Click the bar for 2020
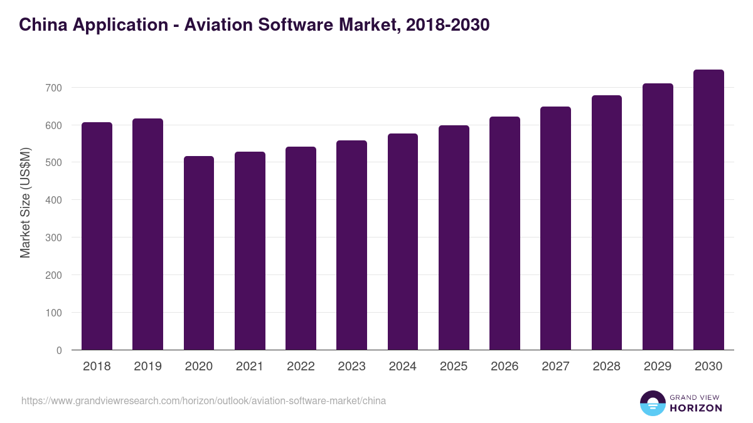click(199, 253)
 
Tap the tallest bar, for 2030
click(708, 210)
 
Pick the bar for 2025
click(454, 238)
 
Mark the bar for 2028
click(607, 222)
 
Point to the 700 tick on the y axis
click(53, 88)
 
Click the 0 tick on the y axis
click(59, 350)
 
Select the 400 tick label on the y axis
click(53, 200)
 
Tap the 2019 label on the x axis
click(147, 367)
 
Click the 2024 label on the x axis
click(402, 367)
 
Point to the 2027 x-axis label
click(555, 367)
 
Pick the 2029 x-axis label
click(658, 367)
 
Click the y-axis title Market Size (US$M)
click(25, 203)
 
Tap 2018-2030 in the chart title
click(447, 24)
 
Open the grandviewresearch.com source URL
click(203, 400)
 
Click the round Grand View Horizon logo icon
click(652, 404)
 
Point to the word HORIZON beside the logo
click(696, 408)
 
